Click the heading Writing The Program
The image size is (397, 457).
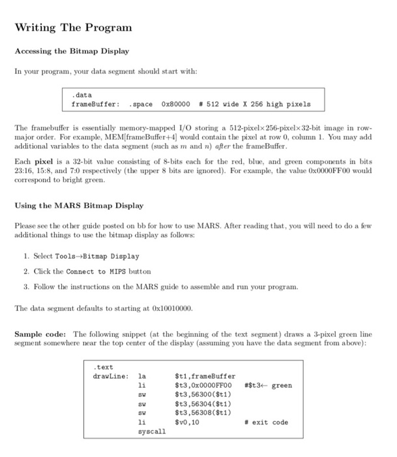[73, 27]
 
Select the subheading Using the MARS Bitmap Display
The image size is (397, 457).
[79, 206]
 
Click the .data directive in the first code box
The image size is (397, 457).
[81, 95]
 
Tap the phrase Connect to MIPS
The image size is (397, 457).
[102, 271]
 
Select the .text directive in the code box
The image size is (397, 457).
[104, 367]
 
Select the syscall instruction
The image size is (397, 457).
[152, 432]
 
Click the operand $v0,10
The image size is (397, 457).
[188, 422]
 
